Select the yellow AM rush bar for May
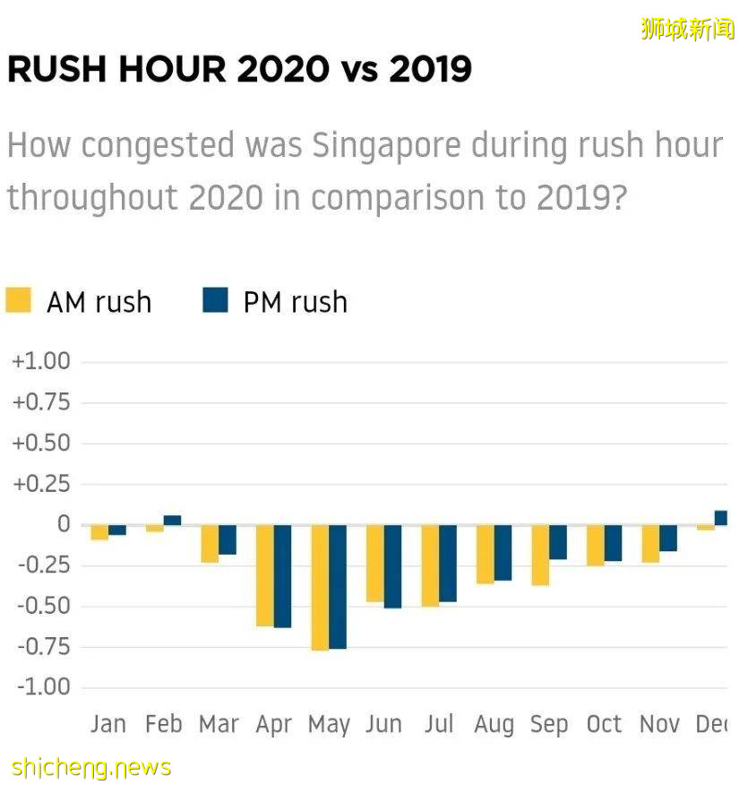[320, 587]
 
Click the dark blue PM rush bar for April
[282, 575]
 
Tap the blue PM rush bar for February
[172, 520]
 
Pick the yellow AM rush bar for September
[540, 555]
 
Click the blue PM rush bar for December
[720, 517]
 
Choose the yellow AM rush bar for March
[210, 543]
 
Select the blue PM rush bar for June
[392, 566]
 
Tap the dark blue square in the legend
[216, 300]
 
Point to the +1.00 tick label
[40, 361]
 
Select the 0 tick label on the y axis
[63, 524]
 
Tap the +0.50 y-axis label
[40, 444]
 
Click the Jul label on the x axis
[439, 723]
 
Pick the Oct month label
[604, 723]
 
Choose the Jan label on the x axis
[107, 723]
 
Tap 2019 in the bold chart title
[430, 69]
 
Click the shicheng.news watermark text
[91, 767]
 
